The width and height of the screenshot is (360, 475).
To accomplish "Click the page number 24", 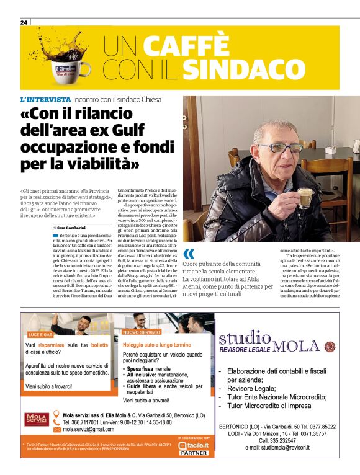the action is (24, 22).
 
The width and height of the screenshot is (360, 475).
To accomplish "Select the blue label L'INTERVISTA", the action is (45, 99).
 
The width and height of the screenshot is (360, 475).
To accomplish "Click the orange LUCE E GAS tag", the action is (40, 334).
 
